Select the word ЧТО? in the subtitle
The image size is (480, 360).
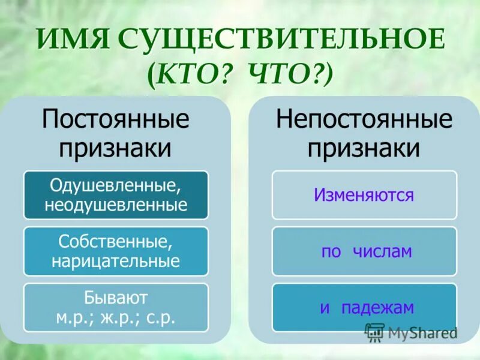click(x=287, y=76)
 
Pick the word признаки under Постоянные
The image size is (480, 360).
click(x=115, y=148)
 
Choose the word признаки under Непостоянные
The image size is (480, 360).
click(x=364, y=148)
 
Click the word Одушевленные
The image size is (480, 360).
click(x=115, y=185)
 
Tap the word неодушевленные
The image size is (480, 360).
click(x=115, y=205)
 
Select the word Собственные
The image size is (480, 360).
click(x=115, y=242)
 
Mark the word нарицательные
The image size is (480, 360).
click(x=115, y=262)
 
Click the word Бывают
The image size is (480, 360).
click(x=115, y=298)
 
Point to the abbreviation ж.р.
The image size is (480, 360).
click(x=117, y=317)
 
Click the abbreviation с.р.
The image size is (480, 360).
click(x=160, y=317)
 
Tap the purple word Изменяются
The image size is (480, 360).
click(x=364, y=195)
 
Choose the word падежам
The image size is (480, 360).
click(x=377, y=308)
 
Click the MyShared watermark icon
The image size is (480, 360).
click(x=375, y=332)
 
